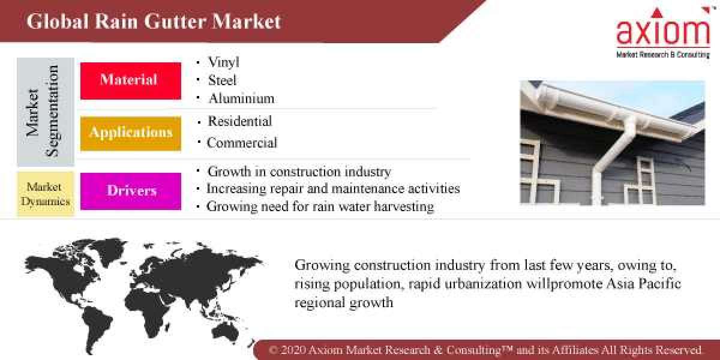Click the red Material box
[130, 80]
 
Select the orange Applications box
[130, 133]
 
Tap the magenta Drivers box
[130, 191]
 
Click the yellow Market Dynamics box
[46, 194]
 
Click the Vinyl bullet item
[223, 62]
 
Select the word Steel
[222, 80]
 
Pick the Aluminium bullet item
[241, 98]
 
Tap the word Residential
[239, 121]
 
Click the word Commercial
[242, 143]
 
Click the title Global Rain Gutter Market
[154, 22]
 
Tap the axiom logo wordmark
[662, 32]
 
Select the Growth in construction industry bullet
[299, 172]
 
